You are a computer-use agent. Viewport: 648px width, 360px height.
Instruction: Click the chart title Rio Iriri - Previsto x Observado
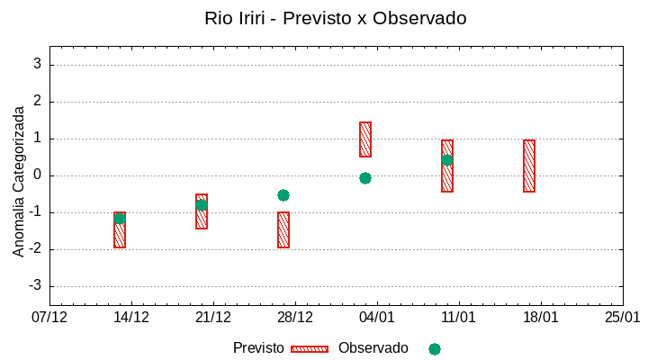pyautogui.click(x=336, y=18)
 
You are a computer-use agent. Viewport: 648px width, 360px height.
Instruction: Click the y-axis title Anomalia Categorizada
pyautogui.click(x=19, y=180)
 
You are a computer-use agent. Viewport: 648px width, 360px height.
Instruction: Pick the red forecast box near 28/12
pyautogui.click(x=283, y=229)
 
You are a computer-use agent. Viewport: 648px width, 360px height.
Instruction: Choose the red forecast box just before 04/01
pyautogui.click(x=365, y=139)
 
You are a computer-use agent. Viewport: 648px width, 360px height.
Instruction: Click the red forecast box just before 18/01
pyautogui.click(x=529, y=166)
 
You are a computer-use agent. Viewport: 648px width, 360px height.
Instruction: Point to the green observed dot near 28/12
pyautogui.click(x=283, y=195)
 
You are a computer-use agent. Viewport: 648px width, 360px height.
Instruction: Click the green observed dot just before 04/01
pyautogui.click(x=365, y=178)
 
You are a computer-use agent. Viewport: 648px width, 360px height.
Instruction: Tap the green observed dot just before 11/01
pyautogui.click(x=447, y=160)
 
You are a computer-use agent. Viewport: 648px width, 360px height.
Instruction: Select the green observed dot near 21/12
pyautogui.click(x=202, y=205)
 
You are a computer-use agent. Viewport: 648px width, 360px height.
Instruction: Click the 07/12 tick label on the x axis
pyautogui.click(x=49, y=317)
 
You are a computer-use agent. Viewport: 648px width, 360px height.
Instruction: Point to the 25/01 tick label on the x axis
pyautogui.click(x=623, y=317)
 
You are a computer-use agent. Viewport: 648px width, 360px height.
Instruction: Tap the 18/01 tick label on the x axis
pyautogui.click(x=541, y=317)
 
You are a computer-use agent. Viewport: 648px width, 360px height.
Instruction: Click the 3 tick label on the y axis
pyautogui.click(x=38, y=65)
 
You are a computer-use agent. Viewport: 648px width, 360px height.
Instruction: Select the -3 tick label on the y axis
pyautogui.click(x=35, y=286)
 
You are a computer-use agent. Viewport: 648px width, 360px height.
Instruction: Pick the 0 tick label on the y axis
pyautogui.click(x=38, y=175)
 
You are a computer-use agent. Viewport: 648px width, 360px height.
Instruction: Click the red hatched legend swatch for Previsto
pyautogui.click(x=310, y=348)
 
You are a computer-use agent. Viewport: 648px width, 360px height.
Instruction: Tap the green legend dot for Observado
pyautogui.click(x=435, y=348)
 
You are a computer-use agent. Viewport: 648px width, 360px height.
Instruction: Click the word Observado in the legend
pyautogui.click(x=373, y=347)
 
